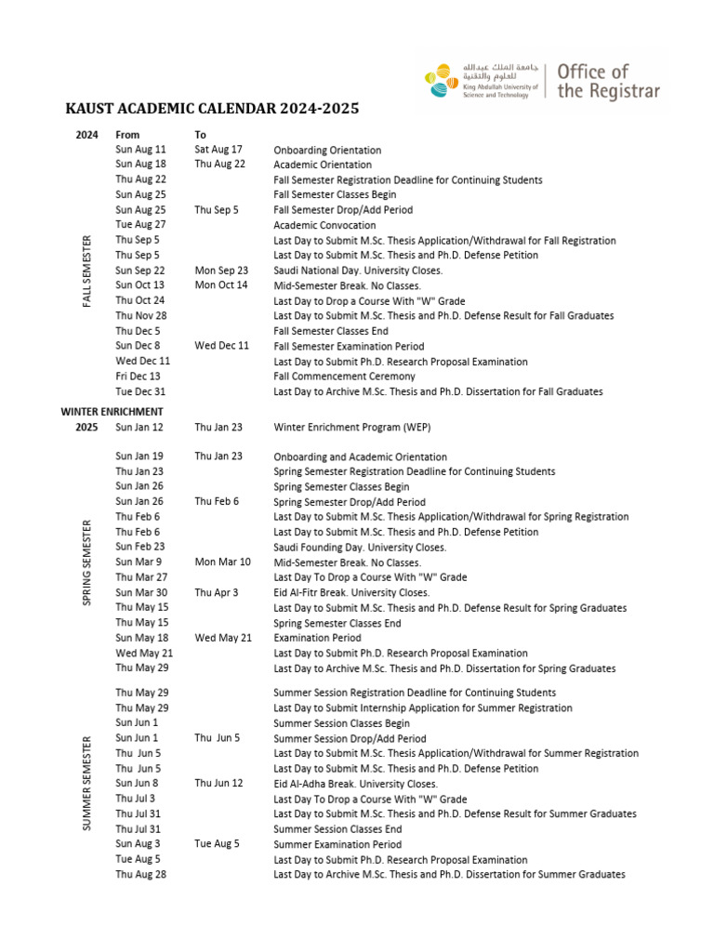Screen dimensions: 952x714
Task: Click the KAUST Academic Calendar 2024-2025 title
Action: pos(212,110)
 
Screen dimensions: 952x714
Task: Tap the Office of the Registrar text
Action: pos(608,81)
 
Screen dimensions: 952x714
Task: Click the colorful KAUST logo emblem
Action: pos(442,80)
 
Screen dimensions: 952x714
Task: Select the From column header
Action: pos(127,135)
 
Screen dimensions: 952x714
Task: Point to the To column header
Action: pos(201,135)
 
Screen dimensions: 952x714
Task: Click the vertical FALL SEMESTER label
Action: pos(87,271)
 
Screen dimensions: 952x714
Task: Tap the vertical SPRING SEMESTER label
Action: pos(87,562)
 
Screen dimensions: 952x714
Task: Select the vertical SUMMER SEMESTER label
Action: pos(87,783)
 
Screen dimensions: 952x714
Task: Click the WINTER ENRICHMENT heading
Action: pos(112,411)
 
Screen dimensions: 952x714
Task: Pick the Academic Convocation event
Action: pos(323,225)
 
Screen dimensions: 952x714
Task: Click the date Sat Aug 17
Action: pos(218,149)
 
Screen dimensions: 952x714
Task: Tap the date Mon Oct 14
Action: pos(221,284)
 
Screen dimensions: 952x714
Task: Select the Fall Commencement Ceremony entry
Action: pos(344,377)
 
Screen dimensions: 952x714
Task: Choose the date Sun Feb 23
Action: pos(140,547)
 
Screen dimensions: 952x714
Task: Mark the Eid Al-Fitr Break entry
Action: pos(351,592)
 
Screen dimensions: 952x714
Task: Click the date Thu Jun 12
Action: pos(218,783)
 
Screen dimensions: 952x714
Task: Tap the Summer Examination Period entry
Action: pos(337,844)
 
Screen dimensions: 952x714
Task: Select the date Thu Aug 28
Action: pos(141,874)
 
